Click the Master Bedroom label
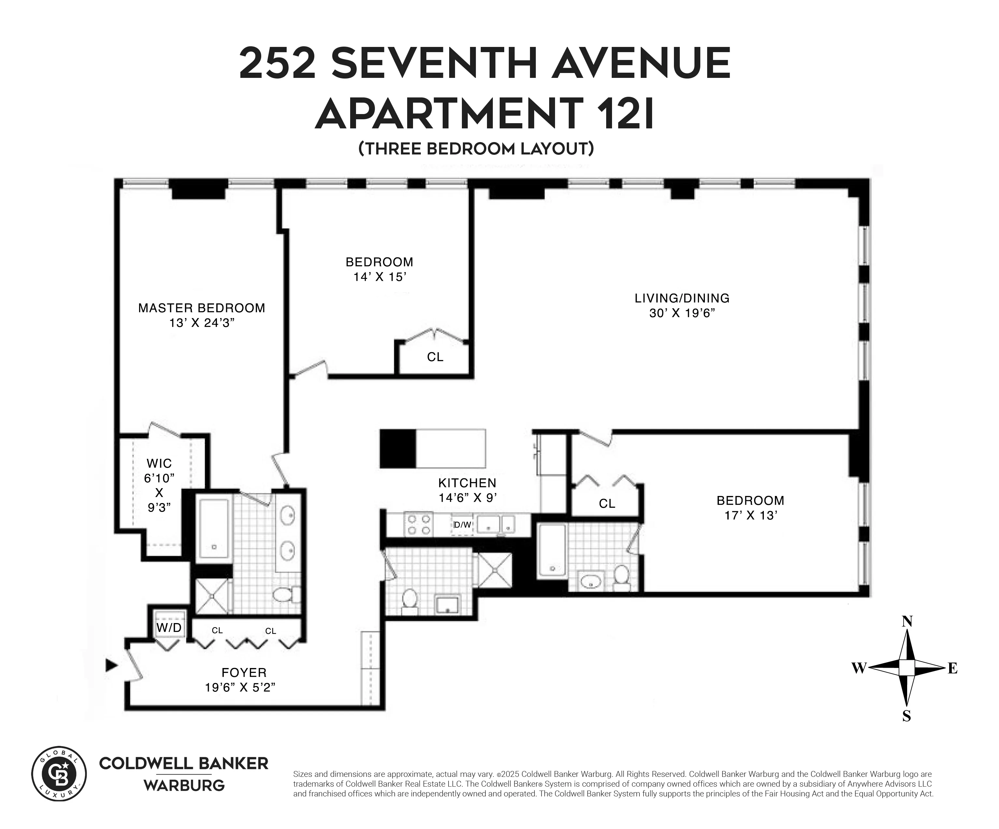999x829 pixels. [x=201, y=308]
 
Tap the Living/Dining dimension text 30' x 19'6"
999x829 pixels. [x=682, y=313]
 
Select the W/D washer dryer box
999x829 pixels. [x=169, y=628]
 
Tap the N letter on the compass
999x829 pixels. [x=907, y=621]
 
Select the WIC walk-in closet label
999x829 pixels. [x=159, y=463]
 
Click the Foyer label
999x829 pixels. [x=244, y=673]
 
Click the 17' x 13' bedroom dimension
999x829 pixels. [x=750, y=516]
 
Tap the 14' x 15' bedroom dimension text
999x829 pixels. [x=379, y=277]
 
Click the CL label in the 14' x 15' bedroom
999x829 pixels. [x=435, y=357]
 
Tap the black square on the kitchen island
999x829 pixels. [x=398, y=448]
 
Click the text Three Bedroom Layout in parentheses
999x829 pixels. [x=476, y=149]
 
